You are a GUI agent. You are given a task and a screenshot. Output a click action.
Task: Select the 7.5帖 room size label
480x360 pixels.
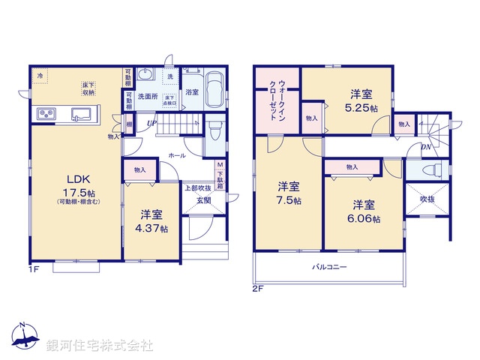pyautogui.click(x=289, y=201)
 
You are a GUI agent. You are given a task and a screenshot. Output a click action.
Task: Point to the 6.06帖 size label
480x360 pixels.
pyautogui.click(x=364, y=219)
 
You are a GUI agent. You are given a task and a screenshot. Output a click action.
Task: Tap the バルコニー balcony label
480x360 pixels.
pyautogui.click(x=329, y=268)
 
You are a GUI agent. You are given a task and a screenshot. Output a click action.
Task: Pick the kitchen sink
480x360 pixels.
pyautogui.click(x=80, y=115)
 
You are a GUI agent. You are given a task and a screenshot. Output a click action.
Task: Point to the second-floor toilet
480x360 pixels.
pyautogui.click(x=431, y=171)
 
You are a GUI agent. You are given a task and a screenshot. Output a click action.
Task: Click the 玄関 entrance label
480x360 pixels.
pyautogui.click(x=203, y=200)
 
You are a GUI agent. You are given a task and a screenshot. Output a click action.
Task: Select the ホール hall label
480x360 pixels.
pyautogui.click(x=177, y=155)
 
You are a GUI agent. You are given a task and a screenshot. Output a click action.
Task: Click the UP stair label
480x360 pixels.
pyautogui.click(x=151, y=123)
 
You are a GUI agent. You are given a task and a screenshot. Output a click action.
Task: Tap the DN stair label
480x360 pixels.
pyautogui.click(x=424, y=147)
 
